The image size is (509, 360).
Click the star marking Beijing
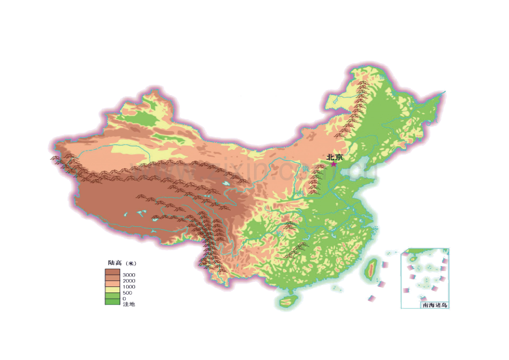click(x=333, y=164)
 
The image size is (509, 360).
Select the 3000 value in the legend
click(x=129, y=275)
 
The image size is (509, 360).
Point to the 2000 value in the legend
click(x=129, y=281)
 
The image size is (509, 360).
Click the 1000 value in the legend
click(x=129, y=287)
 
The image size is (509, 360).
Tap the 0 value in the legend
click(x=124, y=299)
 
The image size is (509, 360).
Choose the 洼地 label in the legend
click(x=128, y=305)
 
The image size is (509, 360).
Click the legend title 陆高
click(x=115, y=263)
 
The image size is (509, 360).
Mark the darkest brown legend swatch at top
click(x=112, y=272)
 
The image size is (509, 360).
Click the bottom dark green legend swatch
click(x=112, y=302)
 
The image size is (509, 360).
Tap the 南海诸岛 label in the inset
click(x=434, y=305)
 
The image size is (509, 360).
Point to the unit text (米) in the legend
click(x=131, y=263)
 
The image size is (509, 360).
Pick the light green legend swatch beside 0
click(x=112, y=296)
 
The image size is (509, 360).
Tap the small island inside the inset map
click(x=413, y=258)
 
